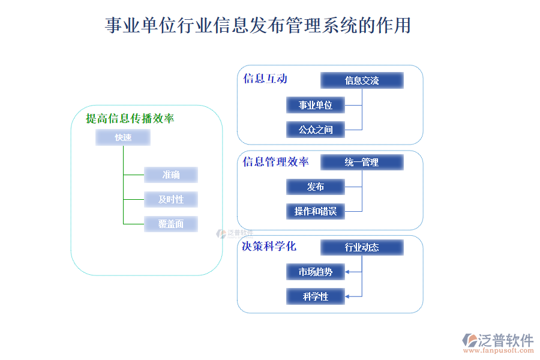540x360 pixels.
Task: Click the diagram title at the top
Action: pyautogui.click(x=258, y=26)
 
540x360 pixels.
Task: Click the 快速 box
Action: pyautogui.click(x=123, y=138)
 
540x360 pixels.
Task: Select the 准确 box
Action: pyautogui.click(x=171, y=175)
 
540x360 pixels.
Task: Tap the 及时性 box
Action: pyautogui.click(x=171, y=199)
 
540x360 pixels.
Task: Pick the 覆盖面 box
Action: pyautogui.click(x=171, y=224)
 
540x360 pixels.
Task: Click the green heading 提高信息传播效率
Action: pyautogui.click(x=130, y=119)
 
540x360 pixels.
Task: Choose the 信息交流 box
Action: pyautogui.click(x=362, y=80)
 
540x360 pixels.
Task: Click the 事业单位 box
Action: pyautogui.click(x=316, y=105)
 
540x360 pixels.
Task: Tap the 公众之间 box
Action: pyautogui.click(x=316, y=129)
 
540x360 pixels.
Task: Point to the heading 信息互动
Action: pyautogui.click(x=265, y=79)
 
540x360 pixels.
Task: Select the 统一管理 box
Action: pyautogui.click(x=362, y=162)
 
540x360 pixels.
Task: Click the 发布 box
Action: pyautogui.click(x=316, y=187)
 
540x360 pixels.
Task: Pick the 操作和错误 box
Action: pyautogui.click(x=316, y=211)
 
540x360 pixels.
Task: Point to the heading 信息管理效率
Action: pyautogui.click(x=276, y=162)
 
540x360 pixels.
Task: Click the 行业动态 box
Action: pyautogui.click(x=362, y=247)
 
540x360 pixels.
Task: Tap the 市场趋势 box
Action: pyautogui.click(x=316, y=272)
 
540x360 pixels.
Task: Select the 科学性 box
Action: pyautogui.click(x=316, y=296)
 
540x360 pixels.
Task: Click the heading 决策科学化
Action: pyautogui.click(x=269, y=247)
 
